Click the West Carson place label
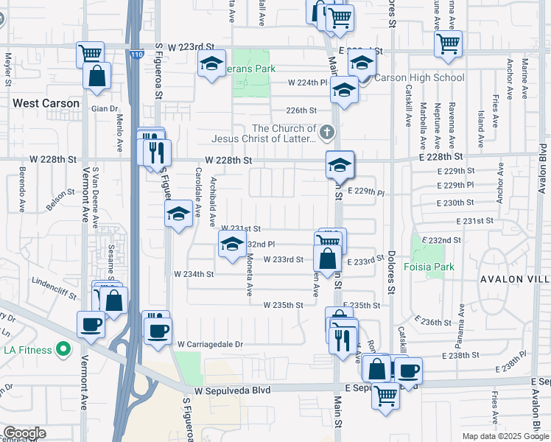click(x=46, y=103)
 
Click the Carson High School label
click(x=420, y=77)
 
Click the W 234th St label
click(x=194, y=274)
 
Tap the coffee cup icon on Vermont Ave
click(x=92, y=324)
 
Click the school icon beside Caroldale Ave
click(x=178, y=215)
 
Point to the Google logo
click(x=24, y=433)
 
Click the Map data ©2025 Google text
click(x=505, y=436)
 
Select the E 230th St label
click(x=455, y=203)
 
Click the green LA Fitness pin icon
click(x=63, y=348)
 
